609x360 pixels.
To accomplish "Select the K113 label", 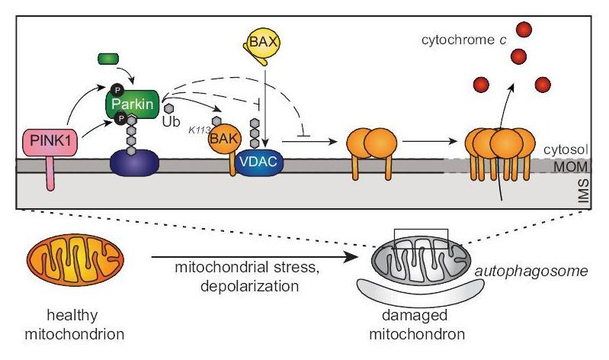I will (199, 130).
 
